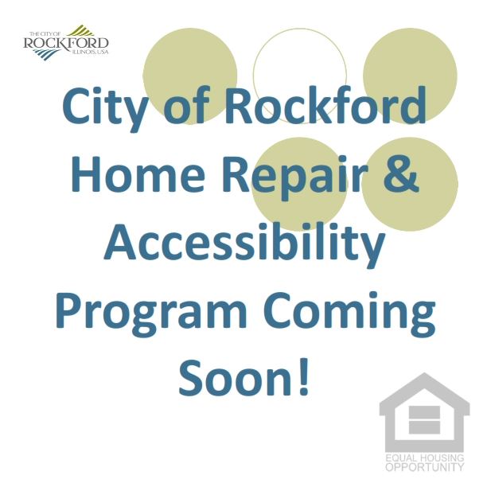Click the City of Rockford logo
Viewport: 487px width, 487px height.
coord(66,41)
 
